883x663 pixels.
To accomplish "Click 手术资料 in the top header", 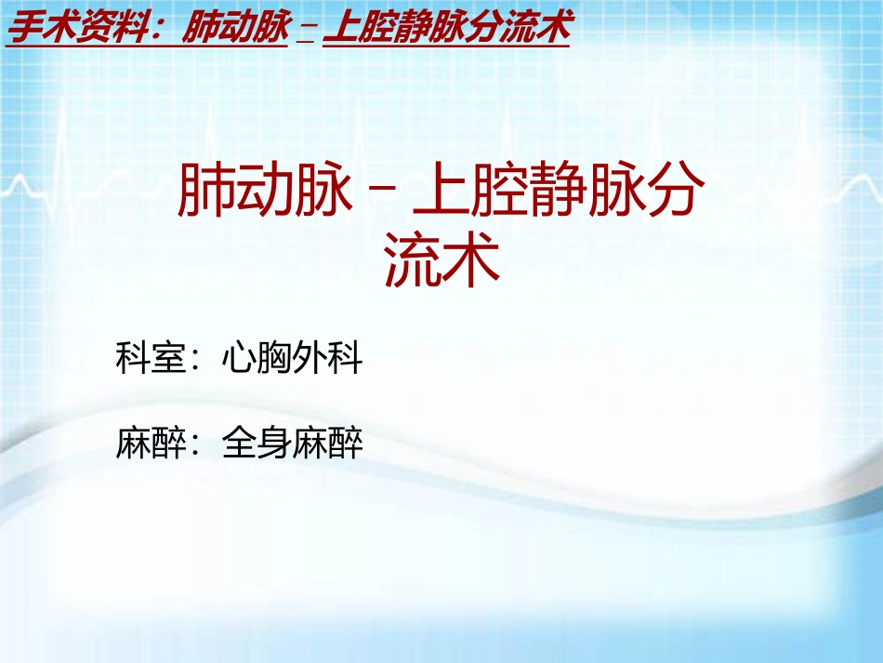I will click(x=78, y=29).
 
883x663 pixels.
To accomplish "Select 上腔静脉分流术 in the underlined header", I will click(x=447, y=29).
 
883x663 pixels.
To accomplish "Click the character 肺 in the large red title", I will click(x=205, y=192).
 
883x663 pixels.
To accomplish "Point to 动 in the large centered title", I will click(x=265, y=192).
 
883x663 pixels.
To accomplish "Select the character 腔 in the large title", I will click(x=499, y=192).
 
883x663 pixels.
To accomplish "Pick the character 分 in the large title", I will click(x=674, y=192).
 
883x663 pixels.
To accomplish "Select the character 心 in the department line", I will click(x=239, y=358).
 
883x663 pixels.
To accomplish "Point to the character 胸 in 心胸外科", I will click(x=275, y=358).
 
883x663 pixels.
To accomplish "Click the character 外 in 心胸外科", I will click(x=310, y=358).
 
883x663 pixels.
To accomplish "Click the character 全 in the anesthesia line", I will click(x=239, y=443).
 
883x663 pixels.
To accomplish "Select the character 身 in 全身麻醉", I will click(x=275, y=443).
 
